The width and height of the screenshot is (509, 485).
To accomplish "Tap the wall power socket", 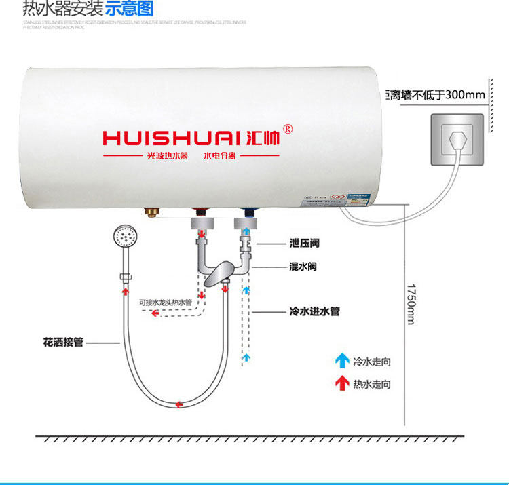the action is point(456,140).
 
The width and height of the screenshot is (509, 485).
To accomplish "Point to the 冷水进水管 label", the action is point(314,312).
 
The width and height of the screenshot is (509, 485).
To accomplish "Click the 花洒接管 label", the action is point(62,343).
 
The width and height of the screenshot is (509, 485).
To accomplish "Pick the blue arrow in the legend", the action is point(341,360).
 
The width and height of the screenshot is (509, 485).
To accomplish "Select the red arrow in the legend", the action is point(341,383).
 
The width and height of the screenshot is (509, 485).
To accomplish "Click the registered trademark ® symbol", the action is point(288,129).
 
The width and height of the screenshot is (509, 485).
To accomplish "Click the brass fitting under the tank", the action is point(151,214).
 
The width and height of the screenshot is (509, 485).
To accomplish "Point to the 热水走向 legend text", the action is point(372,384).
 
